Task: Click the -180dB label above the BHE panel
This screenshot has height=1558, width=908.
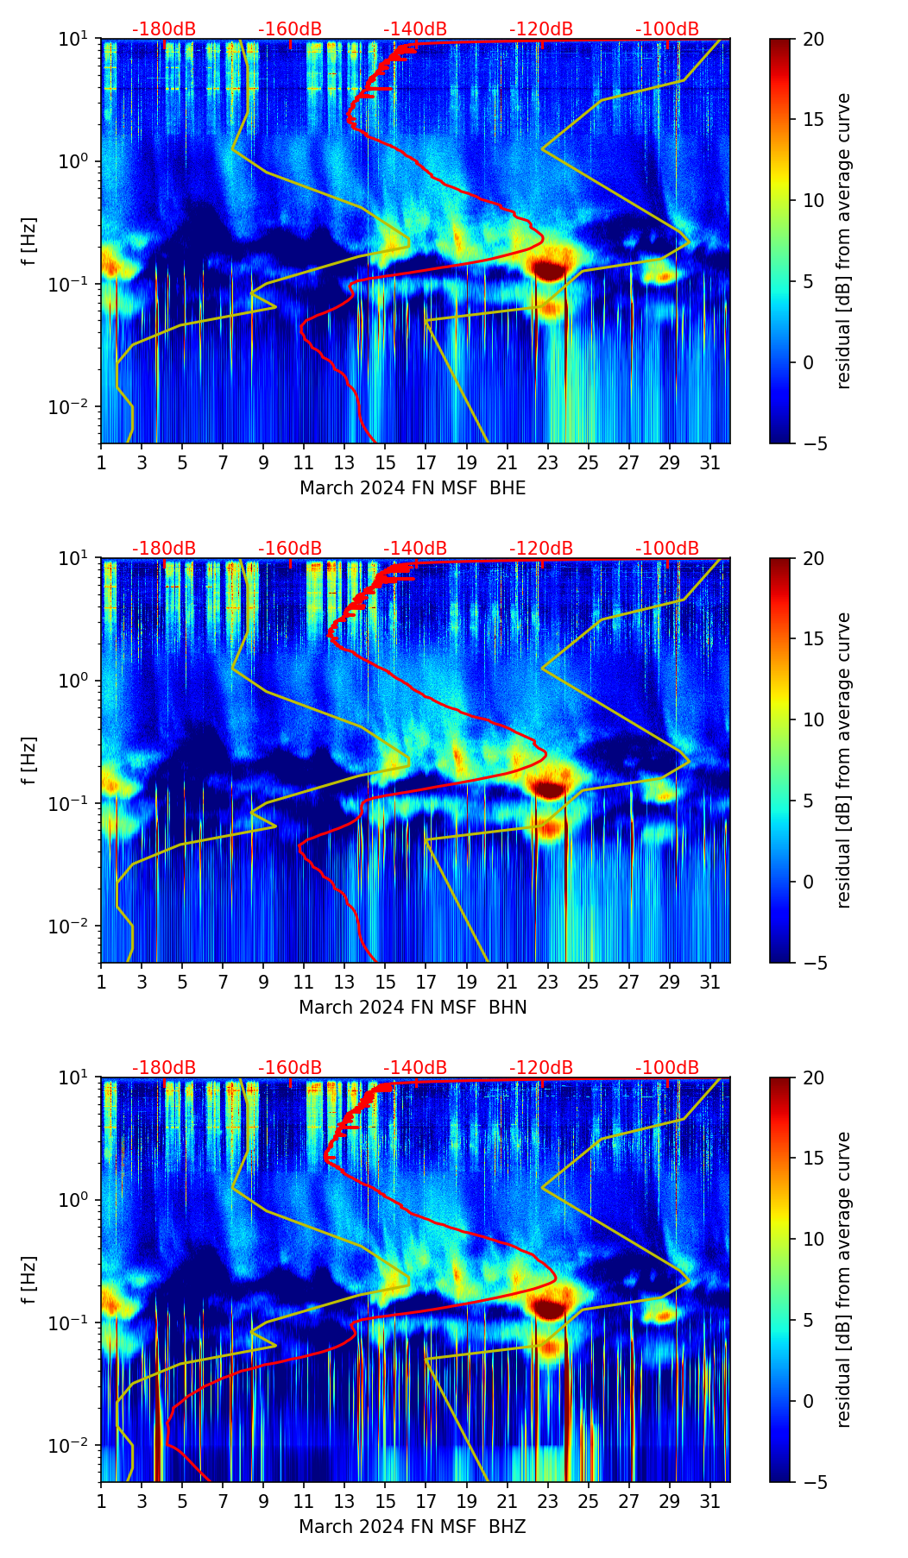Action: point(164,29)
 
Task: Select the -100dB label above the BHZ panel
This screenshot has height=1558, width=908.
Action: point(667,1068)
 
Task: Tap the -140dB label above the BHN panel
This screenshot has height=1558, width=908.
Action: point(415,549)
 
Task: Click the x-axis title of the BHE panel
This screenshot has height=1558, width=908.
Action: point(413,488)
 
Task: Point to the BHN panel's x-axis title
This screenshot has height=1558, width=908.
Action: point(413,1008)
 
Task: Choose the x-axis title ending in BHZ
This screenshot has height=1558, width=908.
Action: point(413,1527)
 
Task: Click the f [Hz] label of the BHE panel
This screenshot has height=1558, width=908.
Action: point(29,242)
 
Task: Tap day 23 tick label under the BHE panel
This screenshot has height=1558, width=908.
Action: point(548,462)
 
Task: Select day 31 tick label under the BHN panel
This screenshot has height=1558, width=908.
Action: point(710,982)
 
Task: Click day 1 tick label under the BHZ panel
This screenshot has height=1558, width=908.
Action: point(101,1501)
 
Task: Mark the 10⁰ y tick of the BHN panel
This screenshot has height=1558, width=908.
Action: point(76,682)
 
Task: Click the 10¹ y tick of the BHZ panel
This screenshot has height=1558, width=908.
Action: point(76,1078)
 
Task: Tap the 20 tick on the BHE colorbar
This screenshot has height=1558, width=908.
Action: point(813,39)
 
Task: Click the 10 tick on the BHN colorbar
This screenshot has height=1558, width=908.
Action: point(813,719)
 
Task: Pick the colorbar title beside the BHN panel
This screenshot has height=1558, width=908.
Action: point(843,759)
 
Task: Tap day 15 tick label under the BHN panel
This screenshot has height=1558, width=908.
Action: point(386,982)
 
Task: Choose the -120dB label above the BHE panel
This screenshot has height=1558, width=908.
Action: point(541,29)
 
